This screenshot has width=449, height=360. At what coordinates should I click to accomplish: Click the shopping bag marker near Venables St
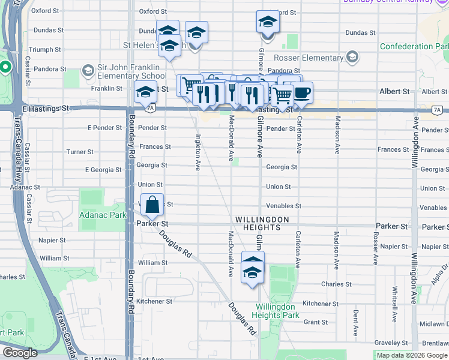[x=153, y=205]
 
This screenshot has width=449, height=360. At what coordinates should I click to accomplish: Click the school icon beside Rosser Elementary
[x=352, y=58]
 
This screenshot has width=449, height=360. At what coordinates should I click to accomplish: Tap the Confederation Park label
[x=414, y=46]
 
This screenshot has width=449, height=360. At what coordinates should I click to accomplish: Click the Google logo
[x=20, y=353]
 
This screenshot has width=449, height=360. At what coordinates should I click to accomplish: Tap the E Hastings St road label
[x=46, y=109]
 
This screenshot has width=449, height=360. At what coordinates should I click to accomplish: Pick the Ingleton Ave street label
[x=197, y=152]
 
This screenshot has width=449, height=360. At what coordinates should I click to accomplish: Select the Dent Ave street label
[x=356, y=322]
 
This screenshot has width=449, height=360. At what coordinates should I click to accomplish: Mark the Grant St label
[x=315, y=322]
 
